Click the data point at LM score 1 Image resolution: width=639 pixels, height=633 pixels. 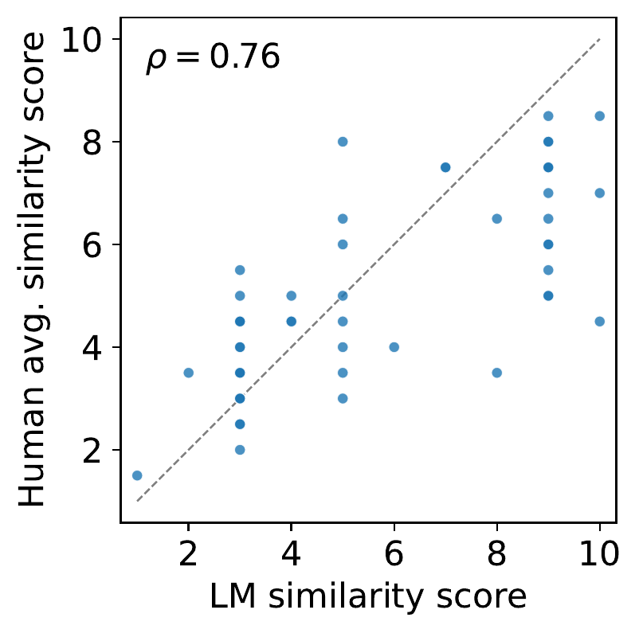click(137, 475)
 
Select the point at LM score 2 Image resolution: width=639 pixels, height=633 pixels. click(188, 373)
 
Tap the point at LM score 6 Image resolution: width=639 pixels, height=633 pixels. click(394, 347)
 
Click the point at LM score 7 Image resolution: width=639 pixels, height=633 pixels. click(445, 167)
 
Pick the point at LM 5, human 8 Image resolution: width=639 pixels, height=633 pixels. click(343, 142)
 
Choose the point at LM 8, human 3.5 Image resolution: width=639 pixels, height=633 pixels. click(497, 373)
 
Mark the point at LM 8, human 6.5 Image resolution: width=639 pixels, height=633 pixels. click(497, 218)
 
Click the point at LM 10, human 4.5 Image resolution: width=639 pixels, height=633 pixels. click(600, 322)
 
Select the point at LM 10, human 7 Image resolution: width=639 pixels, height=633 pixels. click(600, 193)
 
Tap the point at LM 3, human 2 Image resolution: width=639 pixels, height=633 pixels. click(240, 450)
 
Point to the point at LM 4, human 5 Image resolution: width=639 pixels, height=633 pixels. click(291, 295)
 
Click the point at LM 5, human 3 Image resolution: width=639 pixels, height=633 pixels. click(343, 398)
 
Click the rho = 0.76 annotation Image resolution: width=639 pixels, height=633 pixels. click(213, 58)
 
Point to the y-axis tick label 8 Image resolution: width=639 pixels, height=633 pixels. click(98, 142)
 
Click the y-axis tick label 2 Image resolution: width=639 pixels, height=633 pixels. click(98, 450)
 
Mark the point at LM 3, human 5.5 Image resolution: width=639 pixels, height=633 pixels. click(240, 270)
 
